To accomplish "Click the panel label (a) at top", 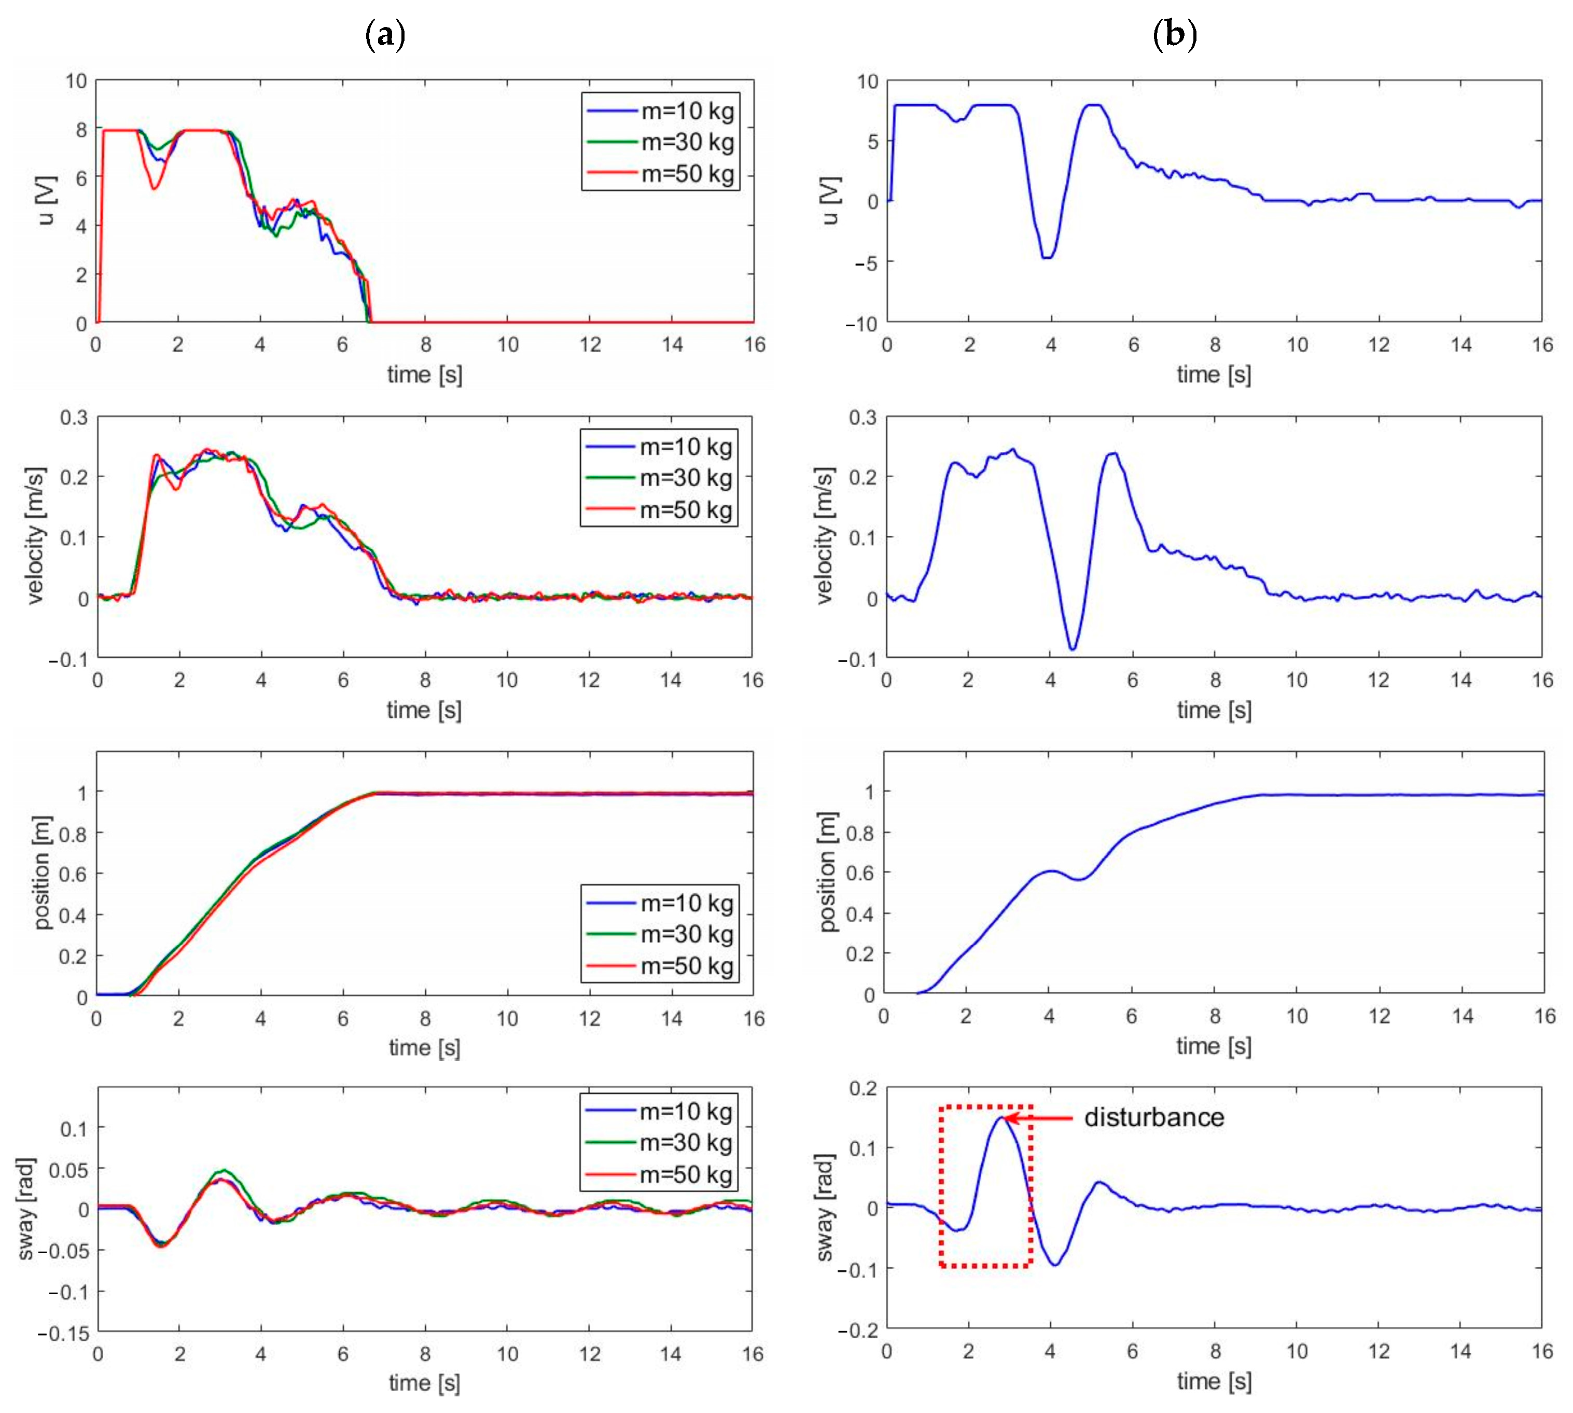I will coord(385,35).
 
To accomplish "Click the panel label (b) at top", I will coord(1175,35).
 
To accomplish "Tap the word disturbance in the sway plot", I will coord(1154,1118).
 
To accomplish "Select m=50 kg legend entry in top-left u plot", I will coord(687,173).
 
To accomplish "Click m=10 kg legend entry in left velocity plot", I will coord(685,447).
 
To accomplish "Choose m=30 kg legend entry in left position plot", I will coord(686,934).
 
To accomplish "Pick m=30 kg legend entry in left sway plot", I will coord(685,1143).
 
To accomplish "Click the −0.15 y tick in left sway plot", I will coord(64,1334).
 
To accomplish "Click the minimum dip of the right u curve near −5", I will coord(1048,257).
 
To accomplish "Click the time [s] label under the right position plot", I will coord(1214,1047).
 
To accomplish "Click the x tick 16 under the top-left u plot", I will coord(754,345).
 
